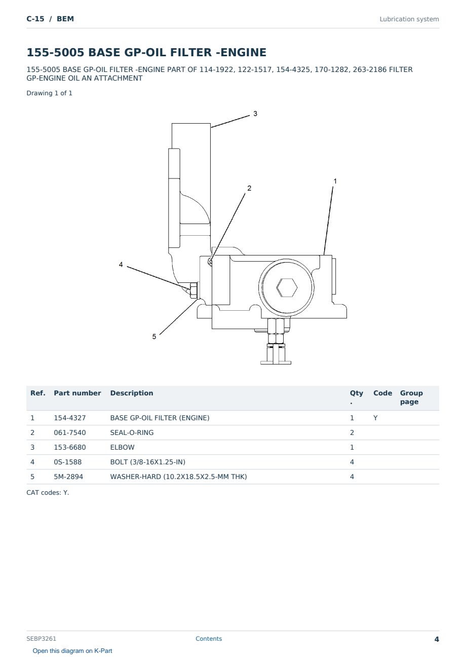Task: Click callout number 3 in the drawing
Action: [x=255, y=114]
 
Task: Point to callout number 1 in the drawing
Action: [x=335, y=181]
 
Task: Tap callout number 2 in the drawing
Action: [x=249, y=188]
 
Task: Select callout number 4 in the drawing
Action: [x=121, y=265]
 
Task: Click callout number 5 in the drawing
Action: [x=154, y=337]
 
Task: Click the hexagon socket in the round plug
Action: [x=287, y=287]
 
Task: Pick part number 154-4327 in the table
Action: [x=70, y=418]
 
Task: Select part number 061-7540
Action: [x=70, y=432]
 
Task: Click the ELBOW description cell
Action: [x=122, y=447]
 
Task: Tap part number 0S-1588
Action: [x=68, y=462]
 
